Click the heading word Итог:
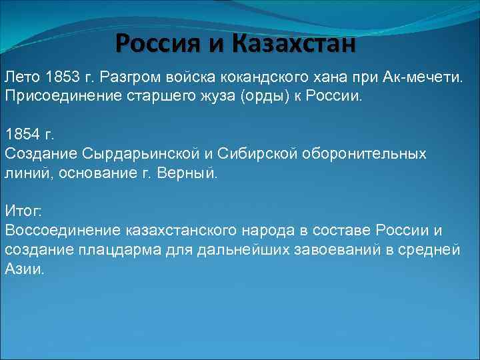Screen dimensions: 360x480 click(x=23, y=211)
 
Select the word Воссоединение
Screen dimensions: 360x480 click(x=63, y=230)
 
